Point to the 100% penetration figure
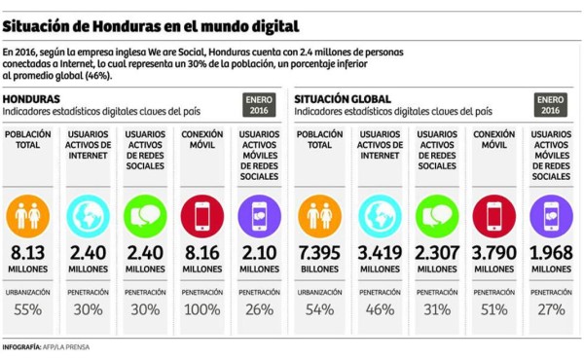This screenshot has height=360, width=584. coord(202,310)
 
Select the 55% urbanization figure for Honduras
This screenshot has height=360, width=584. coord(30,310)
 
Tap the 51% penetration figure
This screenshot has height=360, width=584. coord(494,310)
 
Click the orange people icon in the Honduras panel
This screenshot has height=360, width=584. coord(30,215)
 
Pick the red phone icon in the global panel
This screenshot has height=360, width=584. coord(494,215)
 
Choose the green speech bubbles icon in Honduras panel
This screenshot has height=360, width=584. coord(145,215)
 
